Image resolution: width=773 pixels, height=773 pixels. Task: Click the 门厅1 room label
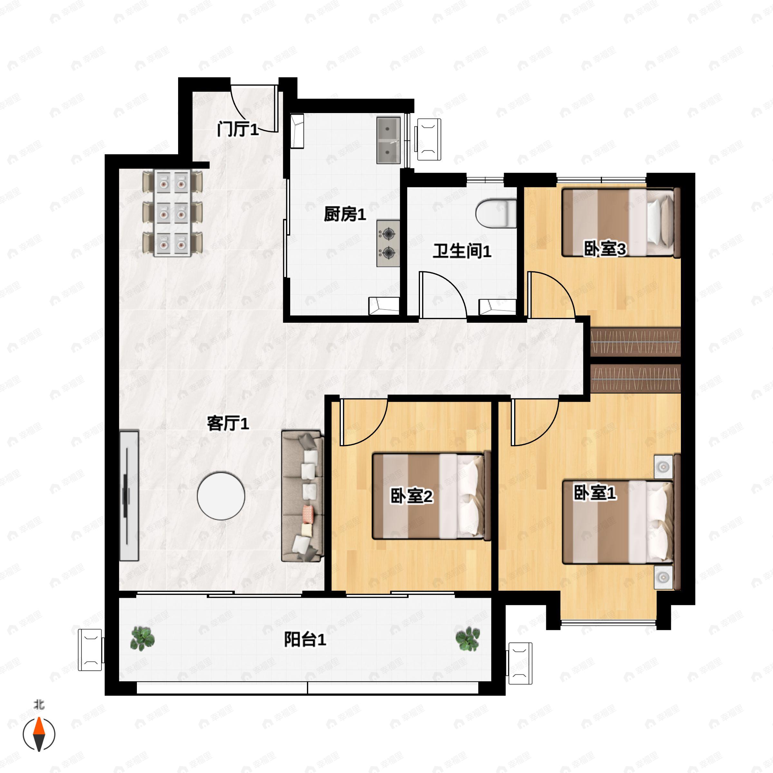[238, 129]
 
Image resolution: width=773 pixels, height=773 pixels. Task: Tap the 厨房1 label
[345, 215]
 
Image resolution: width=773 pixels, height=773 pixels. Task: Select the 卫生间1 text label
[462, 251]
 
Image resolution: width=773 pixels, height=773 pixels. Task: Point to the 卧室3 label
[605, 249]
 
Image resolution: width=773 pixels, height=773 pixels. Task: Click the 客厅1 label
[228, 423]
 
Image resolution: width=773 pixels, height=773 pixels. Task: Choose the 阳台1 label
[305, 639]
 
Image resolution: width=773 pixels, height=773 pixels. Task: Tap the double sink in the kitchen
[388, 140]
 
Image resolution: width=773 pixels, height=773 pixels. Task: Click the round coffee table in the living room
[221, 496]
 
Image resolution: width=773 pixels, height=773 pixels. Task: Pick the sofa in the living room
[302, 496]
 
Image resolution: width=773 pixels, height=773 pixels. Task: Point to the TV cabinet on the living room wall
[129, 496]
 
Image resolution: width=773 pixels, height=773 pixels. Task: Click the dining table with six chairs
[172, 213]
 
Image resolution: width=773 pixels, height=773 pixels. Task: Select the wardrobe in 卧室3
[635, 342]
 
